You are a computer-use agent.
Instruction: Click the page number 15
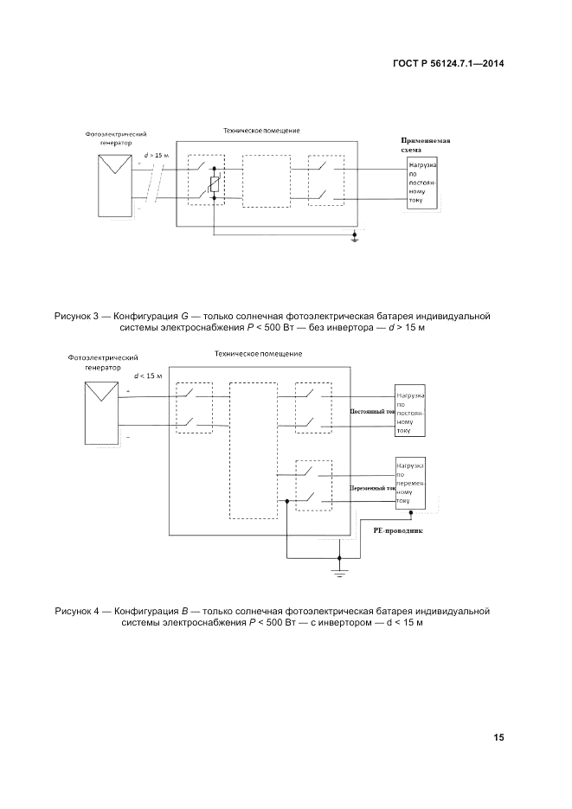click(499, 737)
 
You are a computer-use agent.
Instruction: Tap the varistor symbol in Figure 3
click(215, 184)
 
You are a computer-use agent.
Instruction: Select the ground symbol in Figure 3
click(354, 237)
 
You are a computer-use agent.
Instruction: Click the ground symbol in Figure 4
click(340, 572)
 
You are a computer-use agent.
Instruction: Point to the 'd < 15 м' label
click(149, 376)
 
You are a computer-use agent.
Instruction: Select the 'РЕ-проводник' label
click(397, 533)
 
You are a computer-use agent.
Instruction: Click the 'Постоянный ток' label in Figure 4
click(371, 413)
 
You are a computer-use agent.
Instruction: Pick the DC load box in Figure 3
click(422, 184)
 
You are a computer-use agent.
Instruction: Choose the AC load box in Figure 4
click(411, 483)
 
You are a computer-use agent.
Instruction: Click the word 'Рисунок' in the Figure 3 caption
click(77, 317)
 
